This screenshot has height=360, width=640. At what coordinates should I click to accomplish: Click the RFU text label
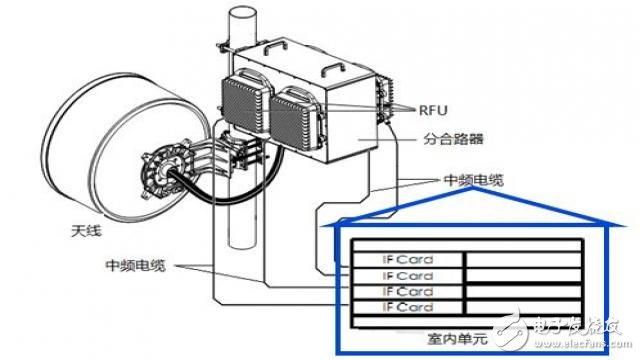(433, 110)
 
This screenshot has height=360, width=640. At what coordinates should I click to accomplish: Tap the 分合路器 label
(453, 139)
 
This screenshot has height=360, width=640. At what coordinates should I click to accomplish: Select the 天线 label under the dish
(86, 231)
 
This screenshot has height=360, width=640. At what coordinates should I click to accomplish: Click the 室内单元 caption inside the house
(458, 338)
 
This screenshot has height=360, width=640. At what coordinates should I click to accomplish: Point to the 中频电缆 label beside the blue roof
(474, 180)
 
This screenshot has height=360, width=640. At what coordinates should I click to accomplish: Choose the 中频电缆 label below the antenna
(136, 265)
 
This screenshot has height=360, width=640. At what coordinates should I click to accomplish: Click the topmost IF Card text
(407, 260)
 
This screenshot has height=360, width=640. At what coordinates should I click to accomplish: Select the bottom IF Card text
(407, 307)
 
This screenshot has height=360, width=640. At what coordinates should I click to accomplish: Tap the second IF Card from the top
(407, 276)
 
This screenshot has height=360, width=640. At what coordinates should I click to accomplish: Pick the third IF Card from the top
(407, 291)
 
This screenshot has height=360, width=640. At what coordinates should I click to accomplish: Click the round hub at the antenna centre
(162, 175)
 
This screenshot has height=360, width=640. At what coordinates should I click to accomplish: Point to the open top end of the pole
(242, 13)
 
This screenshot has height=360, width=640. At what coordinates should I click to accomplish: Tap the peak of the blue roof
(473, 188)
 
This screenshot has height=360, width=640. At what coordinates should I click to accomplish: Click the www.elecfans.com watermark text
(583, 344)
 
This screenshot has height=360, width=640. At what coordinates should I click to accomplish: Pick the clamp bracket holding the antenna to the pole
(240, 149)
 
